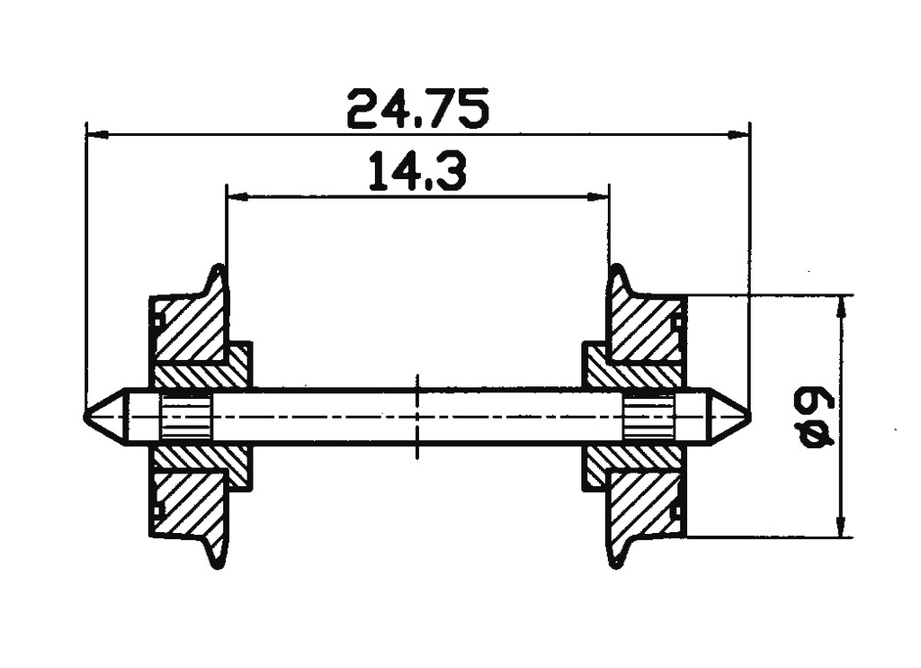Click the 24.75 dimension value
coord(417,109)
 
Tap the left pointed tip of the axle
coord(88,416)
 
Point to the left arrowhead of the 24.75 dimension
coord(95,135)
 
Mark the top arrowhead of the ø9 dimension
coord(841,304)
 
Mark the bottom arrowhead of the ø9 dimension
coord(841,528)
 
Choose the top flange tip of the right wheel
coord(616,268)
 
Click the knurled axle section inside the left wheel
coord(185,416)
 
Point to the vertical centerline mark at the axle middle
coord(418,416)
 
